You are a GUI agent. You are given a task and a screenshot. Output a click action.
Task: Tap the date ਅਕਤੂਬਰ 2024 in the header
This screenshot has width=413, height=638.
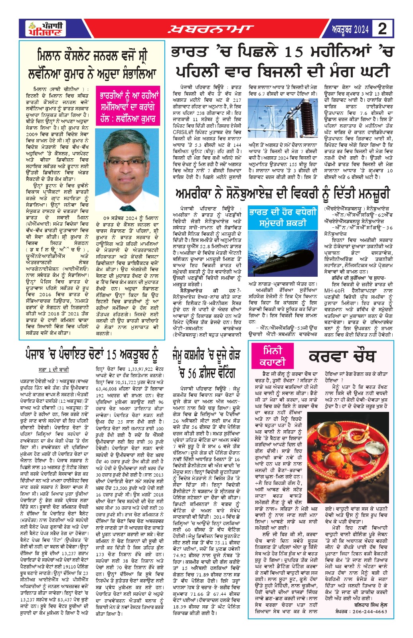coord(350,29)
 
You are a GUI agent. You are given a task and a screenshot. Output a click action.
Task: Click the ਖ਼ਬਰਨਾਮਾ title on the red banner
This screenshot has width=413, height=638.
coord(210,29)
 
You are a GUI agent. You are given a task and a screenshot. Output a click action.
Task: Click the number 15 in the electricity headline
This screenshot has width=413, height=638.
coord(297,52)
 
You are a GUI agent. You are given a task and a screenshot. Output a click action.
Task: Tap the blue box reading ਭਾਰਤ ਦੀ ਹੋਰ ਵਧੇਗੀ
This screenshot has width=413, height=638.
coord(283,217)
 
